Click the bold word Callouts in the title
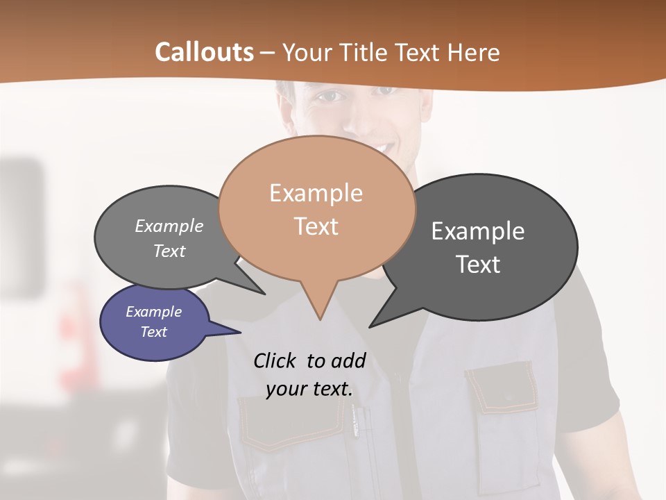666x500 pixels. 204,52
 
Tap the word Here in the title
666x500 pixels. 475,52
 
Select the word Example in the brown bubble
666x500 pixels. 316,193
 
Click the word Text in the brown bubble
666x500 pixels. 316,226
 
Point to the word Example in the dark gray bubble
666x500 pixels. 478,231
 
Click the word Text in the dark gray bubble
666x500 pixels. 478,265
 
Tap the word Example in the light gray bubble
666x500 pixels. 169,226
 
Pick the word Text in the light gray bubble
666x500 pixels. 169,251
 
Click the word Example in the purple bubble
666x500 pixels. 153,312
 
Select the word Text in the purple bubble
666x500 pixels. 153,332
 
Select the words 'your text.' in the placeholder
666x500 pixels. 309,390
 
